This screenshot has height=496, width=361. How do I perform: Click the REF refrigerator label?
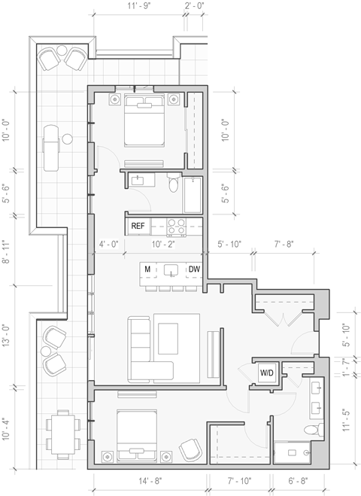(x=138, y=225)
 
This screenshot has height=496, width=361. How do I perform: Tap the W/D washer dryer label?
(x=267, y=373)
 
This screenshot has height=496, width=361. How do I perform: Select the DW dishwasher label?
(x=194, y=269)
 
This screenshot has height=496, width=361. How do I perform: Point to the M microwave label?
(x=148, y=269)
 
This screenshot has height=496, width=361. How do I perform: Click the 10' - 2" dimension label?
(x=163, y=245)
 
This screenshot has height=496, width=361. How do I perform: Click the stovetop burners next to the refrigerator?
(x=176, y=224)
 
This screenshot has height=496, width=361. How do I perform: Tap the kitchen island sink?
(x=171, y=269)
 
